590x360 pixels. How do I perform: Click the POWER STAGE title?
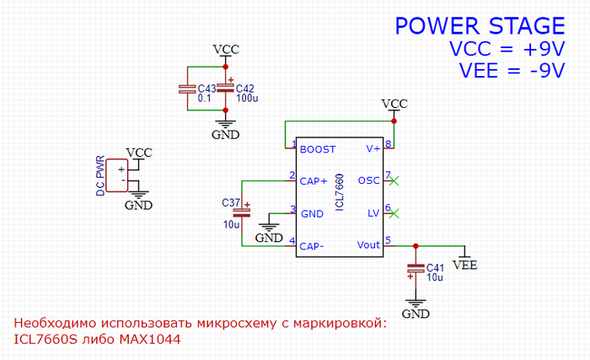(x=480, y=26)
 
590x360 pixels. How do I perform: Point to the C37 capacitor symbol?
(x=242, y=212)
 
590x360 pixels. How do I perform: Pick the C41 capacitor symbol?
(x=415, y=271)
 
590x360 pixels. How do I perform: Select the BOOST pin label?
(x=318, y=149)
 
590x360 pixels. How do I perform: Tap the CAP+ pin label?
(x=314, y=180)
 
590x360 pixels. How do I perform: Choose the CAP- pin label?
(x=313, y=245)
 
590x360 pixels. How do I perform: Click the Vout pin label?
(x=369, y=245)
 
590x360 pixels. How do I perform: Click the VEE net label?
(x=464, y=265)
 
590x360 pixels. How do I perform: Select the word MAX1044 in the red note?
(x=152, y=340)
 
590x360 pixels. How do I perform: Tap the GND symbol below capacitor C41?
(x=415, y=309)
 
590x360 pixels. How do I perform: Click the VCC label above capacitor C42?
(x=225, y=49)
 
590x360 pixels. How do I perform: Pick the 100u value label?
(x=247, y=99)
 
